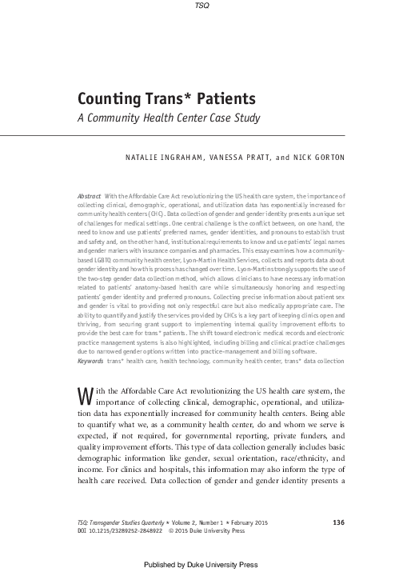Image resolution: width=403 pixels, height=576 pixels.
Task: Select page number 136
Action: (337, 500)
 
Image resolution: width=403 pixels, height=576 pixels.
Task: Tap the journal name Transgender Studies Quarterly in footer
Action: (140, 500)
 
